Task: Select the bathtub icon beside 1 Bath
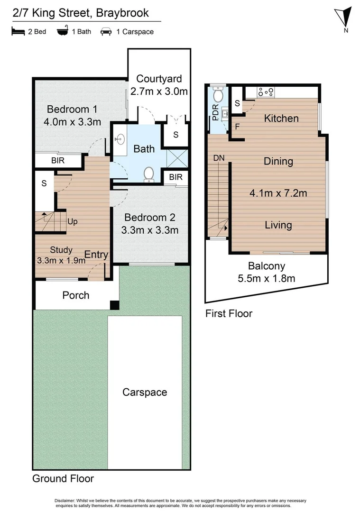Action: tap(62, 32)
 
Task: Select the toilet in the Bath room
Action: tap(149, 174)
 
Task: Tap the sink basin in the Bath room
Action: tap(120, 139)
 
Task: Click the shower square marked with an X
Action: tap(175, 156)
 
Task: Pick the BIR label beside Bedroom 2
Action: tap(176, 177)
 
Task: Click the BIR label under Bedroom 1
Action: tap(58, 161)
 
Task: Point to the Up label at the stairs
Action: tap(73, 221)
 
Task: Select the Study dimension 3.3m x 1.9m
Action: tap(61, 260)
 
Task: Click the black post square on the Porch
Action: tap(114, 305)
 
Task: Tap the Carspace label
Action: tap(145, 392)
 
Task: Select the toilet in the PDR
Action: tap(218, 95)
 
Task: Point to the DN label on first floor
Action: tap(219, 158)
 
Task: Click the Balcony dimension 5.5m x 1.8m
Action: tap(266, 278)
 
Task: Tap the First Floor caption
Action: tap(229, 313)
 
